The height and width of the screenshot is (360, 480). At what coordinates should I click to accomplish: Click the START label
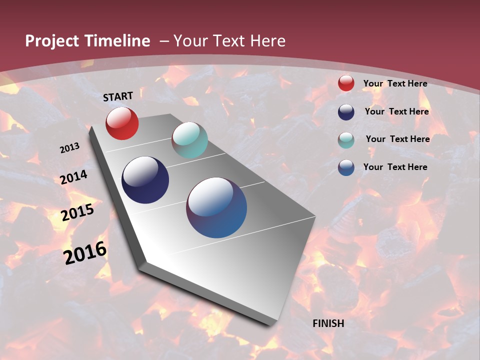(118, 96)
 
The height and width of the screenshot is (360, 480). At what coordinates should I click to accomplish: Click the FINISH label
(328, 323)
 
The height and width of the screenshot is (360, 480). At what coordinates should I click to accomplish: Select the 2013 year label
(70, 148)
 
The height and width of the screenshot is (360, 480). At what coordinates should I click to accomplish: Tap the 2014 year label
(74, 177)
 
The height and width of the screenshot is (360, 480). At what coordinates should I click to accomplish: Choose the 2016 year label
(85, 252)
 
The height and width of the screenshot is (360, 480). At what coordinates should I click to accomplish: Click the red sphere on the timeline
(122, 123)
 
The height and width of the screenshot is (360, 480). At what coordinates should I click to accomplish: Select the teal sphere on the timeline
(189, 140)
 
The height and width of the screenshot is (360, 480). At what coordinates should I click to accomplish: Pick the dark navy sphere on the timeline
(145, 180)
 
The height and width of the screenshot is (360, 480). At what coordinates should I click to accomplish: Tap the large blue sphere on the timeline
(216, 207)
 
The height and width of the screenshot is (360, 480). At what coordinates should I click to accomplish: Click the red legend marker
(346, 83)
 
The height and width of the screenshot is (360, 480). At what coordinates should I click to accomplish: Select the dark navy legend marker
(346, 112)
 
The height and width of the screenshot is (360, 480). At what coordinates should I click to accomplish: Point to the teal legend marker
(346, 140)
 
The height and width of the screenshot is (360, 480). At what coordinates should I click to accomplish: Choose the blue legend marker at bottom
(346, 167)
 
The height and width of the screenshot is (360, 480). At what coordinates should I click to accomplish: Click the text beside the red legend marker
(395, 83)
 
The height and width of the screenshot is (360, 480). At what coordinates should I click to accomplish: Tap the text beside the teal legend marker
(397, 139)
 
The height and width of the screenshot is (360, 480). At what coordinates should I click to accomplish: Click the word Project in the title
(52, 41)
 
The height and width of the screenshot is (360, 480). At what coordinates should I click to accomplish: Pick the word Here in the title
(267, 41)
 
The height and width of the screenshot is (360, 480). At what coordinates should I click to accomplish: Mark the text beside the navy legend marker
(396, 111)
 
